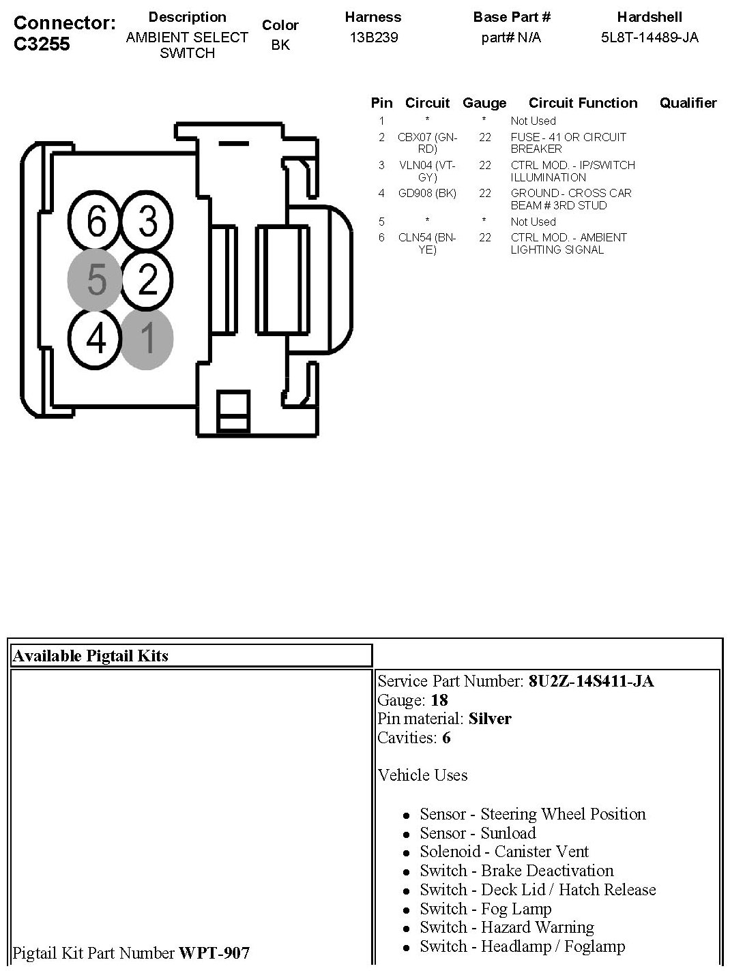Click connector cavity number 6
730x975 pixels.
click(96, 222)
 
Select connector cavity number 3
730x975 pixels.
click(147, 222)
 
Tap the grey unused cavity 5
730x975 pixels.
click(96, 280)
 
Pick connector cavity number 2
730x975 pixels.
click(147, 280)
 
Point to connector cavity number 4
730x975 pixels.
click(96, 339)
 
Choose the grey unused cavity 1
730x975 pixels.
click(147, 339)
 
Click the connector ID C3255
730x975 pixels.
click(42, 44)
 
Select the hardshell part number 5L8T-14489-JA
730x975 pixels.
click(649, 37)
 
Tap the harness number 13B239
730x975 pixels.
click(373, 37)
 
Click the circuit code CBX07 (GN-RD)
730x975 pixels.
click(427, 142)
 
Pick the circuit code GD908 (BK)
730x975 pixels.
click(427, 193)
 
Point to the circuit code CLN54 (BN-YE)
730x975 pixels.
click(427, 243)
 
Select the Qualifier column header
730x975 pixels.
click(688, 103)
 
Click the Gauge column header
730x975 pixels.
click(484, 103)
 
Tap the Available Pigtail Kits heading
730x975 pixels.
click(91, 656)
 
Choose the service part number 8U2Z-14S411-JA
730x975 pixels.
click(591, 681)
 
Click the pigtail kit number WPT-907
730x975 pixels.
click(214, 952)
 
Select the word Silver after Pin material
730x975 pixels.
click(490, 719)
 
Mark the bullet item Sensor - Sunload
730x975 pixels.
click(478, 833)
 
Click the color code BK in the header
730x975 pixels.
click(280, 45)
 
